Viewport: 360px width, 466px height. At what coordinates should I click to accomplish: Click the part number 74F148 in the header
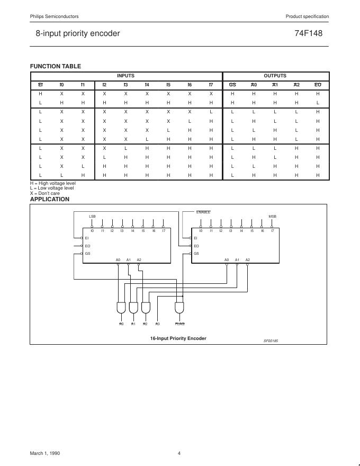[309, 33]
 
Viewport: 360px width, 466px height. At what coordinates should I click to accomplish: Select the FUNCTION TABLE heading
[56, 66]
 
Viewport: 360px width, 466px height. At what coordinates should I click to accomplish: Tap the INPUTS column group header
[125, 76]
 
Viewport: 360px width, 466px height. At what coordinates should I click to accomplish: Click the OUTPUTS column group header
[275, 76]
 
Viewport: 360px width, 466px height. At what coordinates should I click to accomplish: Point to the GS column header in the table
[232, 85]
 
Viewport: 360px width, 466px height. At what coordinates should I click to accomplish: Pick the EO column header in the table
[318, 85]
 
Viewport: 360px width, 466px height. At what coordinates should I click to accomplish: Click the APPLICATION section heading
[50, 199]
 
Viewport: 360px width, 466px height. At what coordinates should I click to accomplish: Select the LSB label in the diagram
[92, 217]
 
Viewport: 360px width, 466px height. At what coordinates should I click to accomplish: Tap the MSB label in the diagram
[272, 217]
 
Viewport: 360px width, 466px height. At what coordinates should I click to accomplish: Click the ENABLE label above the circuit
[203, 212]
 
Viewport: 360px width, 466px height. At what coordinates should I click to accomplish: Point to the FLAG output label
[179, 324]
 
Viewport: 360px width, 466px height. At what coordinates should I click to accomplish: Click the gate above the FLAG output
[179, 308]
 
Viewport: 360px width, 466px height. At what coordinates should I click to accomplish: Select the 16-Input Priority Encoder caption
[178, 338]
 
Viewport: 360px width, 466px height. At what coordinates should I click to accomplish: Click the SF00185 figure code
[271, 340]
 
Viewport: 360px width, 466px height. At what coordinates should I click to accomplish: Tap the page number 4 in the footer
[179, 453]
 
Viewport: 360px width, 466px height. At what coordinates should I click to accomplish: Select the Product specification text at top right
[307, 17]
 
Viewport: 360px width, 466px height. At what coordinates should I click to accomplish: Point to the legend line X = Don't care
[45, 193]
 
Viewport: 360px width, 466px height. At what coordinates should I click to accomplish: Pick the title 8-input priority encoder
[78, 33]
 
